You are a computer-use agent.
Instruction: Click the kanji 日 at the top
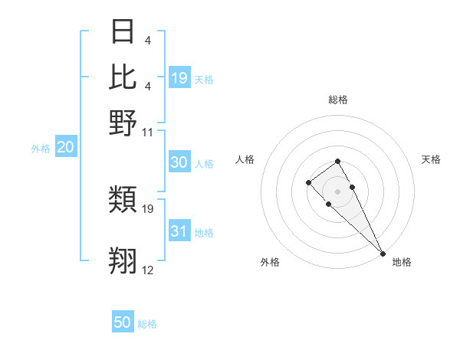pyautogui.click(x=123, y=33)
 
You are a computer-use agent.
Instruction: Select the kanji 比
pyautogui.click(x=123, y=77)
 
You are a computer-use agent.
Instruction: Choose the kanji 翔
pyautogui.click(x=123, y=261)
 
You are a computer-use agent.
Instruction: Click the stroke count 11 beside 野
pyautogui.click(x=148, y=132)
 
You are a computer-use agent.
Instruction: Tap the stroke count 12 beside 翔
pyautogui.click(x=148, y=270)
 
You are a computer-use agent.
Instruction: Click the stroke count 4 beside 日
pyautogui.click(x=146, y=41)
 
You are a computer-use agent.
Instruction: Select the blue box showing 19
pyautogui.click(x=179, y=77)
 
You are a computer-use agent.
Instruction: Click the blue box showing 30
pyautogui.click(x=179, y=162)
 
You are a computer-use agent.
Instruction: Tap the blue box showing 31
pyautogui.click(x=179, y=231)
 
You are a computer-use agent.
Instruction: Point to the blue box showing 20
pyautogui.click(x=65, y=148)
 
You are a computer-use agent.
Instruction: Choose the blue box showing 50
pyautogui.click(x=123, y=322)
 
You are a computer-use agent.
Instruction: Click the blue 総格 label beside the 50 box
pyautogui.click(x=147, y=324)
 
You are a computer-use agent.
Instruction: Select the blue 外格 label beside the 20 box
pyautogui.click(x=40, y=149)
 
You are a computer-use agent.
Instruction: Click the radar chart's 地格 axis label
pyautogui.click(x=402, y=262)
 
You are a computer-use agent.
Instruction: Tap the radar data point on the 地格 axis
pyautogui.click(x=383, y=254)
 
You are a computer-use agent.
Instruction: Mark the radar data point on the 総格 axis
pyautogui.click(x=337, y=162)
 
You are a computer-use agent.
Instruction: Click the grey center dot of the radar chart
pyautogui.click(x=338, y=191)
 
